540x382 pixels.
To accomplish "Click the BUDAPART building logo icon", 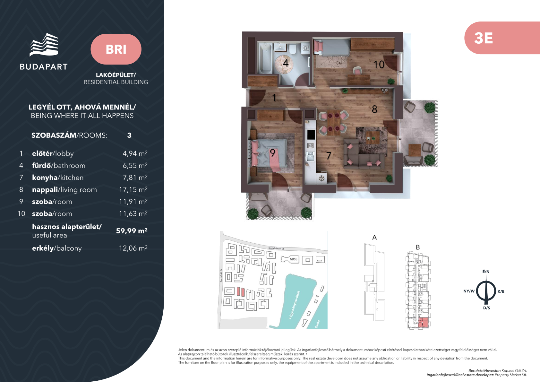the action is (44, 45).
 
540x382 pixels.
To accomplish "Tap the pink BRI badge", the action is (116, 49).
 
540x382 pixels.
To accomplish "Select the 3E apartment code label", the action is (483, 38).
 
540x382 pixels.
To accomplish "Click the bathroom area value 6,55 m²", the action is (135, 165).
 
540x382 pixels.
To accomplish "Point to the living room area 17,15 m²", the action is (133, 189).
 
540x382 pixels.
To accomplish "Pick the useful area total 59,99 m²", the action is (132, 231).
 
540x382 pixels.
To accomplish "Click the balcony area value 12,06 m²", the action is (133, 248).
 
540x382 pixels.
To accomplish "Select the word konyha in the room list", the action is (45, 178).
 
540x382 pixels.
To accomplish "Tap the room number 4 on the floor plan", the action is (286, 63).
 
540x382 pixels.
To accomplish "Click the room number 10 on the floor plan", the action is (379, 65).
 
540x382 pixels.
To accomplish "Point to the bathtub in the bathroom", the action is (265, 58).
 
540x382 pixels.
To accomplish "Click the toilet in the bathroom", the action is (293, 49).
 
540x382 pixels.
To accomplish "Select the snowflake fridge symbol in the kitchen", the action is (321, 178).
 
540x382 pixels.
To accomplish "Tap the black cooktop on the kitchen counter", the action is (311, 135).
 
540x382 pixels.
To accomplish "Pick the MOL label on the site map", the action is (293, 259).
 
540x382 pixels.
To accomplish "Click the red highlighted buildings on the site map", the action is (241, 291).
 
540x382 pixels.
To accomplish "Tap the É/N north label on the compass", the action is (486, 272).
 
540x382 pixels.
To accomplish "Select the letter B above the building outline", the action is (418, 247).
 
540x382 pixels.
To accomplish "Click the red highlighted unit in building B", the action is (423, 322).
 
